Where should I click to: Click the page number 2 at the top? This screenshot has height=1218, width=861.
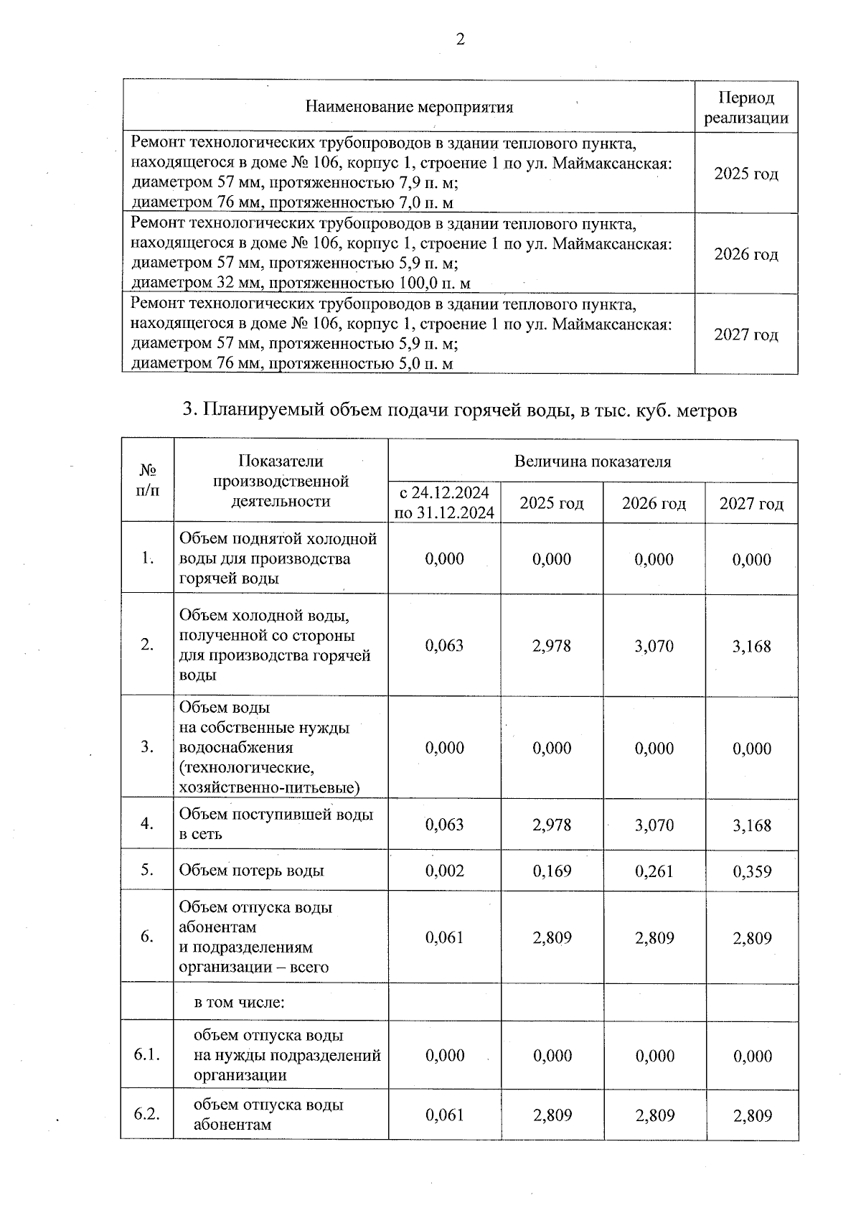tap(460, 39)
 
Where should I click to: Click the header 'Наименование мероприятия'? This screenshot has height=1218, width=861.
tap(409, 108)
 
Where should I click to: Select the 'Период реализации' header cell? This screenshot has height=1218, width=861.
tap(746, 108)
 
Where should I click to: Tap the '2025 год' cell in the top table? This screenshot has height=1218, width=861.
tap(746, 174)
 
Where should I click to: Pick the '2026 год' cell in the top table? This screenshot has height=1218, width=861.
tap(746, 254)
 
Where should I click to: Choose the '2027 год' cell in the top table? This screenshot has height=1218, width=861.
tap(746, 334)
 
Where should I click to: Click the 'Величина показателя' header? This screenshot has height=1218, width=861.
tap(593, 462)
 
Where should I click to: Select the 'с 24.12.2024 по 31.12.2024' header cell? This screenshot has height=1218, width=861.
tap(444, 502)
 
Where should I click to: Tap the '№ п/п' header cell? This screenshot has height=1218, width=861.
tap(148, 480)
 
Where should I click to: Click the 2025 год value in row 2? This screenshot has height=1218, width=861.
tap(552, 645)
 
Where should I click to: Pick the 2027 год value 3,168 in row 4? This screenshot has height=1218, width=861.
tap(751, 825)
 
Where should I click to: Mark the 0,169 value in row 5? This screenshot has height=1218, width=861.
tap(552, 871)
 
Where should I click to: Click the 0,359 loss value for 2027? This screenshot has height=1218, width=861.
tap(751, 871)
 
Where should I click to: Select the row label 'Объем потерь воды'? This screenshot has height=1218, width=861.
tap(252, 871)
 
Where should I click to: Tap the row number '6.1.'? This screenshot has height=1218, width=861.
tap(147, 1055)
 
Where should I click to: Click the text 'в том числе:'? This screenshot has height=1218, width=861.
tap(240, 1002)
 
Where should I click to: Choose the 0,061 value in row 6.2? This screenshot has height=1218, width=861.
tap(444, 1115)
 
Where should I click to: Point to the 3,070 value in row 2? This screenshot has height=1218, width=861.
tap(654, 645)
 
